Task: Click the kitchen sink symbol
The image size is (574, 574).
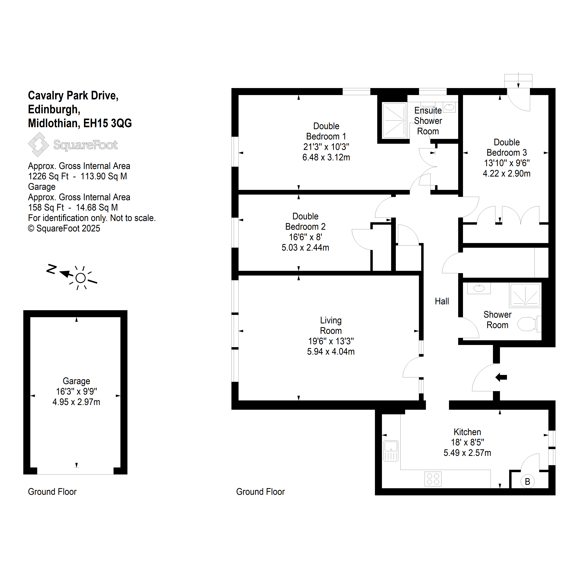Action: [x=391, y=451]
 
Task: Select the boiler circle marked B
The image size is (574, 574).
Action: [x=528, y=481]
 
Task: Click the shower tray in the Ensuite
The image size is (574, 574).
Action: [x=394, y=120]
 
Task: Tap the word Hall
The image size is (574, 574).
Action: [x=442, y=301]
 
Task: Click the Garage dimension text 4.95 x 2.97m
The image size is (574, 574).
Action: [x=76, y=402]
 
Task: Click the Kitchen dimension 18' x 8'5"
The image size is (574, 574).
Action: [x=467, y=442]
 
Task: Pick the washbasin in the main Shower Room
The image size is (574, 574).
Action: [x=479, y=288]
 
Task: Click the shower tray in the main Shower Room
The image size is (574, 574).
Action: [x=525, y=295]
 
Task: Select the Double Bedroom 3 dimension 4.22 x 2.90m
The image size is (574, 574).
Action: [x=507, y=173]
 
